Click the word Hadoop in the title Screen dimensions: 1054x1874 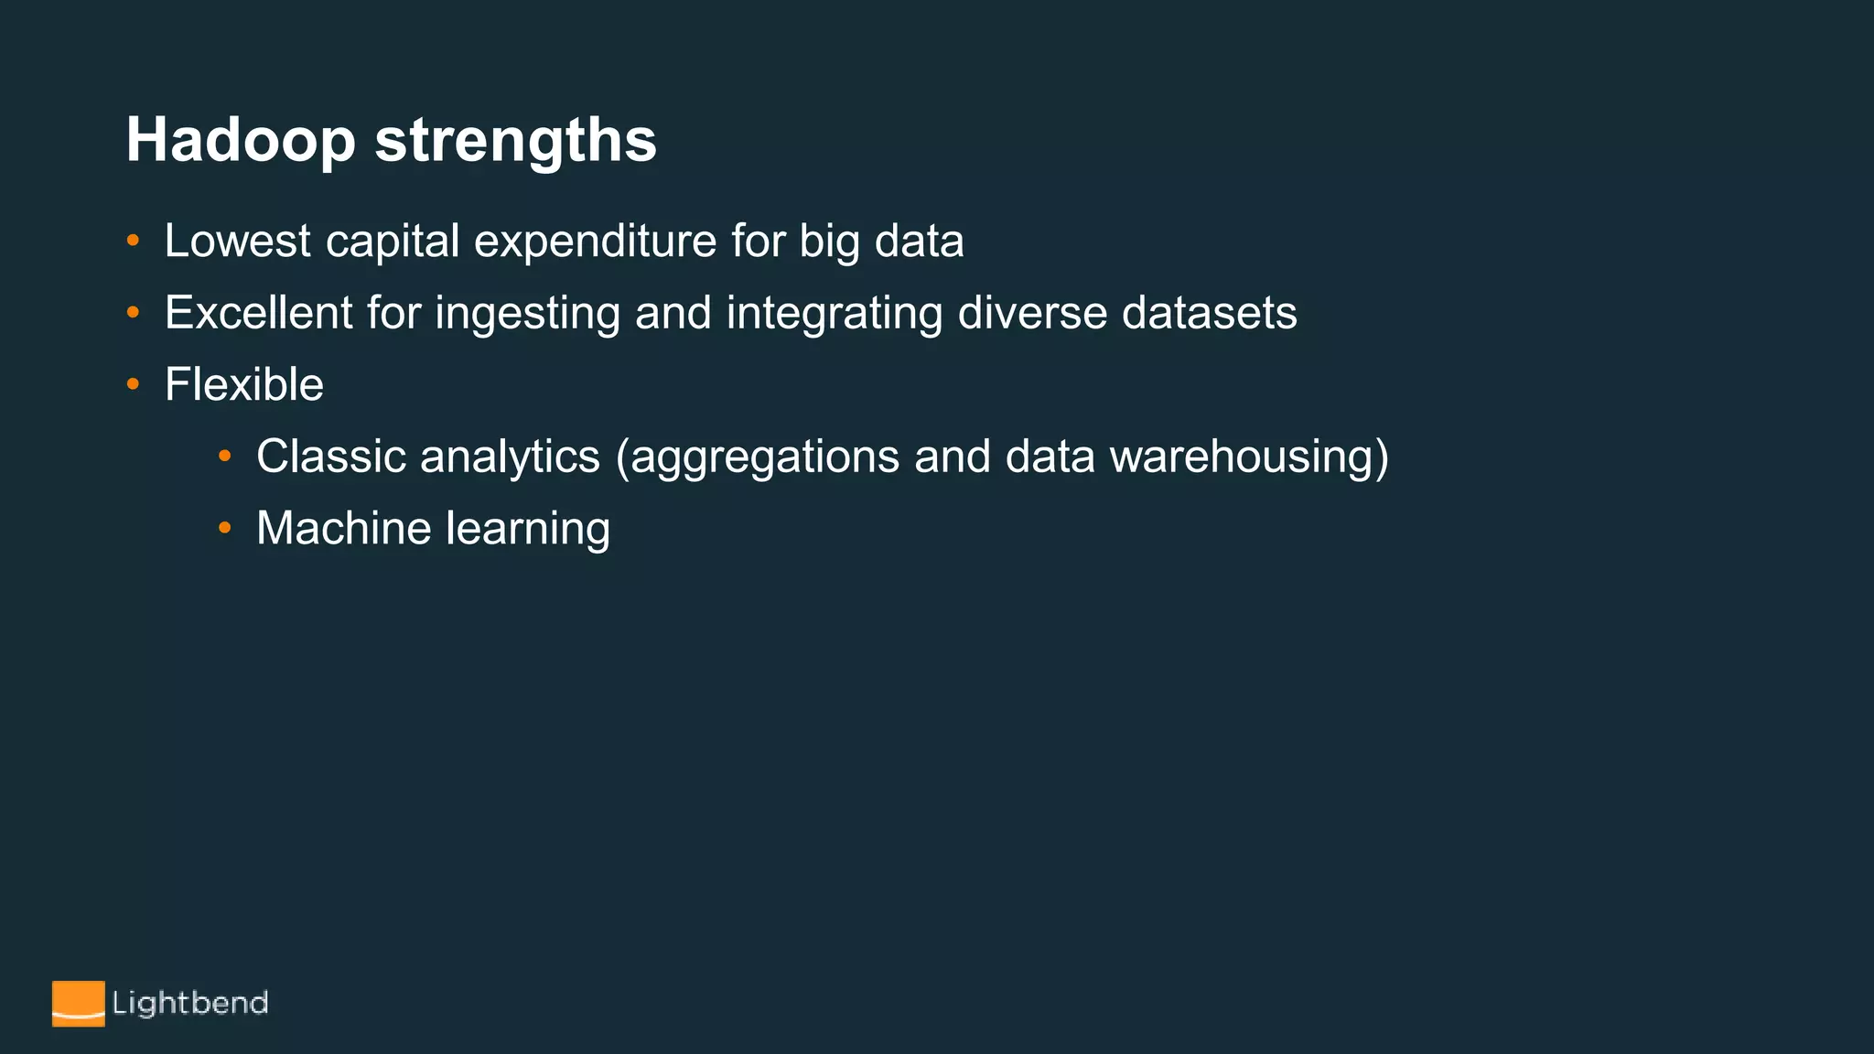click(x=241, y=141)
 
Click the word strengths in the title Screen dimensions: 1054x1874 click(x=515, y=141)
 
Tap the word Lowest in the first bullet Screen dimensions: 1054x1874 click(x=237, y=242)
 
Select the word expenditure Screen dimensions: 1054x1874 click(x=595, y=242)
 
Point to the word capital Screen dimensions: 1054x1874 click(x=393, y=242)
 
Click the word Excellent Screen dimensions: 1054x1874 click(x=258, y=313)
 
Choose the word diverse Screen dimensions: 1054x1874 click(x=1033, y=313)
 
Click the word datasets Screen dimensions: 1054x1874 click(x=1209, y=313)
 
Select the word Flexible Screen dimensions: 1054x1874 click(x=243, y=384)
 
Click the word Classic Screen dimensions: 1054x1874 click(x=331, y=457)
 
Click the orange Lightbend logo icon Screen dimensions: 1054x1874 click(x=78, y=1004)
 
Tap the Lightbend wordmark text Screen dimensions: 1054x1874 click(x=189, y=1004)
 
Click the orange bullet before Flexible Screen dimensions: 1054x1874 click(x=133, y=385)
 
